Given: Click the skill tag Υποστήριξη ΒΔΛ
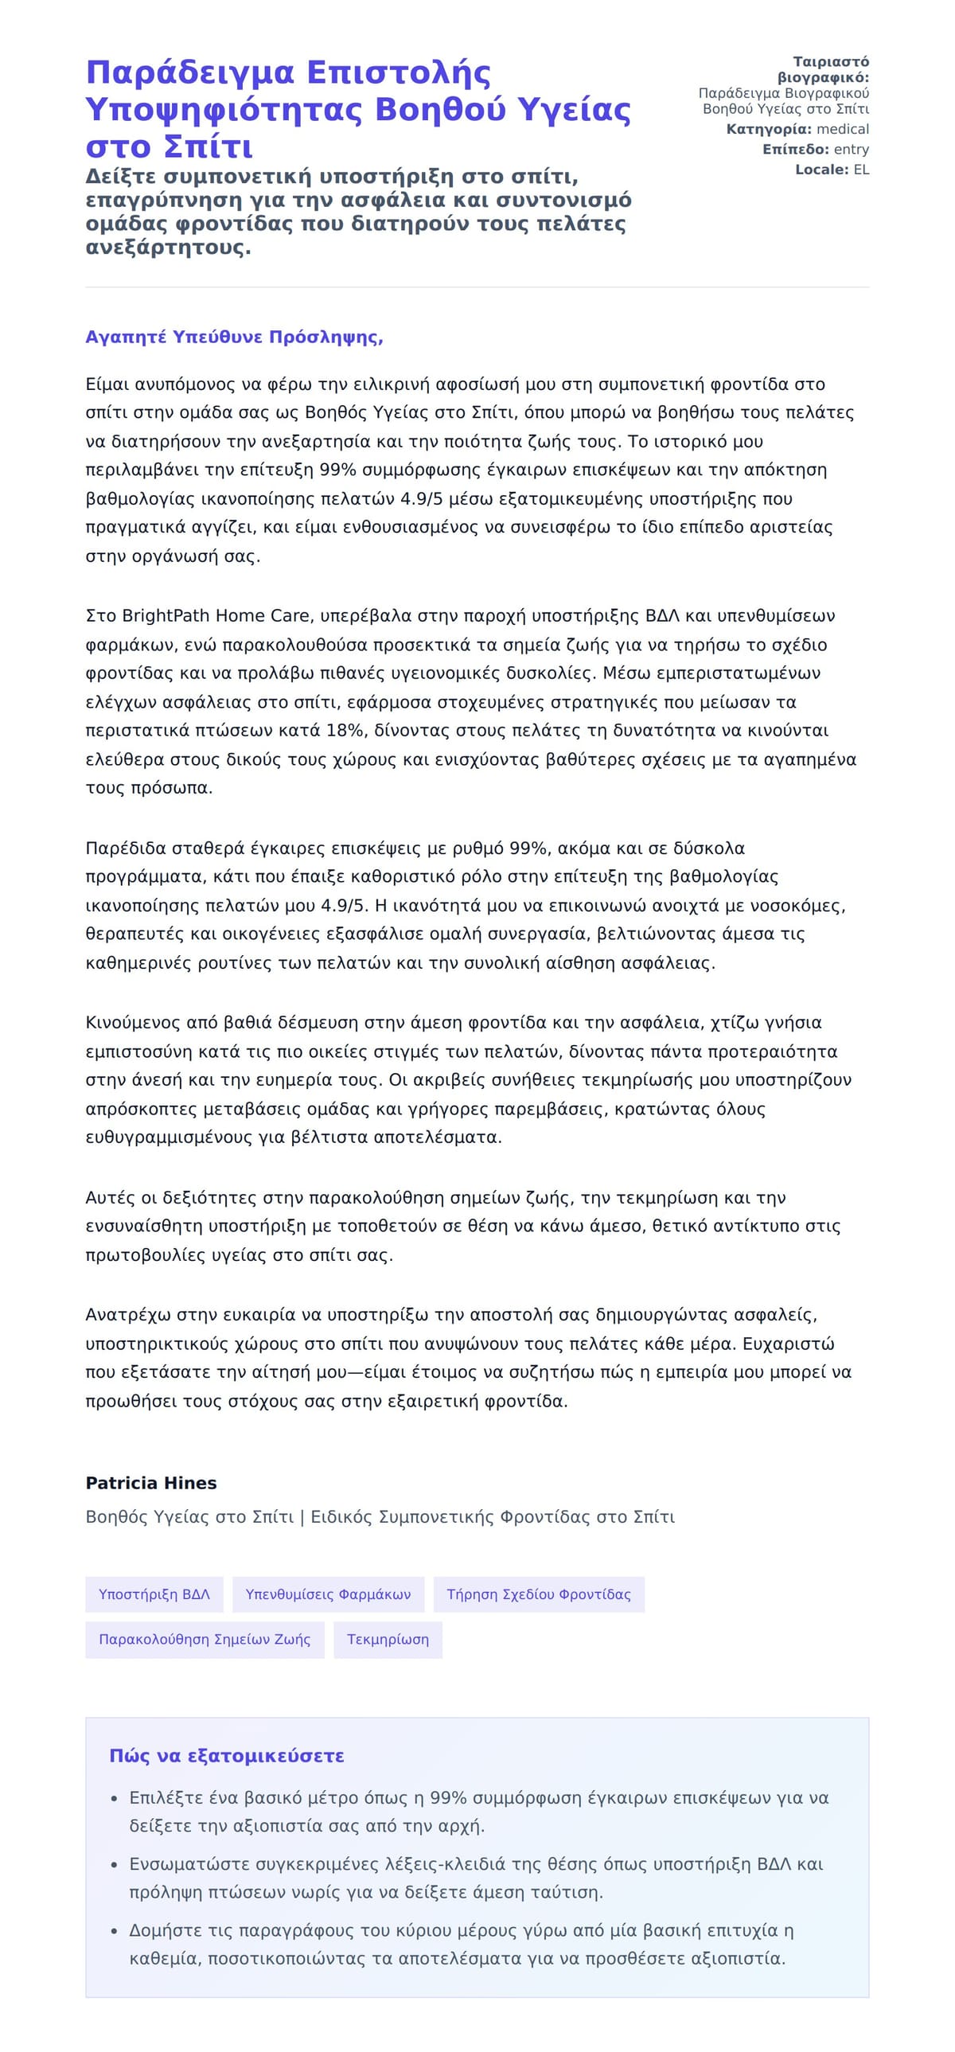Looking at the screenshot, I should pos(154,1594).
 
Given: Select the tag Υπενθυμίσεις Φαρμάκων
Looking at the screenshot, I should pos(328,1594).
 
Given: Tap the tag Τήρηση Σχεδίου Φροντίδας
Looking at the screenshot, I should pos(539,1594).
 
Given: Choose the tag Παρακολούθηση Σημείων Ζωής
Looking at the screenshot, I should pos(204,1640).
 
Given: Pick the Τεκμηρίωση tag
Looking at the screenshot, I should pos(387,1640).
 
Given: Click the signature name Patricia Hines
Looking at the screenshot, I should pos(150,1482).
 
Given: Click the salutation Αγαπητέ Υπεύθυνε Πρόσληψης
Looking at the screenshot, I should pos(234,337).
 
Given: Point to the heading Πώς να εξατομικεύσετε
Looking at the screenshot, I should pos(226,1756).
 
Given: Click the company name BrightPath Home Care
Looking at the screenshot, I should pos(215,616).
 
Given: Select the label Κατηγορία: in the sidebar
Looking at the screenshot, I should pos(769,129).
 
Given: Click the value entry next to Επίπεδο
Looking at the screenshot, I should pos(851,149).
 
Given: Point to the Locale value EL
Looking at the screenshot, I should pos(861,170).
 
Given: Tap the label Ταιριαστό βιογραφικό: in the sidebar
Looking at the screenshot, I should pos(824,69).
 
